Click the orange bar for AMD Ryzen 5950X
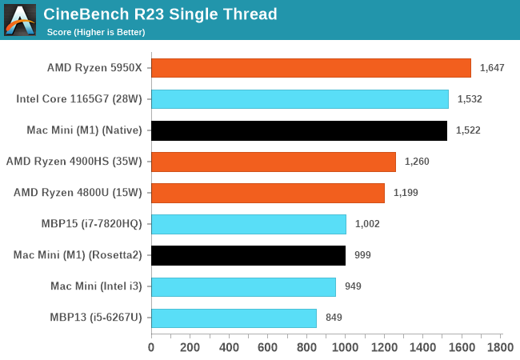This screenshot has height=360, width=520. coord(311,68)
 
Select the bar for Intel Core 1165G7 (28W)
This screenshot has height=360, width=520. coord(300,99)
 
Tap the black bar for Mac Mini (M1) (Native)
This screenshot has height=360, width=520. coord(299,130)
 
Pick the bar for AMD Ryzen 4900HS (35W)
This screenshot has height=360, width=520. coord(274,162)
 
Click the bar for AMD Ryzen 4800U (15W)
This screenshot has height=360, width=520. coord(268,193)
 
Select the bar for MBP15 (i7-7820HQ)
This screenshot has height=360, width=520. coord(249,224)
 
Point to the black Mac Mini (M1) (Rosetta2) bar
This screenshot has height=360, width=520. coord(248,255)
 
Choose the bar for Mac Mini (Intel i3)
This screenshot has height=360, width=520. coord(243,286)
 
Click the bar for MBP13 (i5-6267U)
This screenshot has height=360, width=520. coord(234,318)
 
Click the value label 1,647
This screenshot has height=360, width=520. coord(492,68)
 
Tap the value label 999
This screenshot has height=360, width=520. coord(362,255)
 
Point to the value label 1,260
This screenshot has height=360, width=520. coord(417,162)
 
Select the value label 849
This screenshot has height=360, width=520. coord(334,318)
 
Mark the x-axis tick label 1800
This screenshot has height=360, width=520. coord(501,348)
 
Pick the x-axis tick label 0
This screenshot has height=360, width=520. coord(151,348)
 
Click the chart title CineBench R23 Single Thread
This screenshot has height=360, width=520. coord(160,14)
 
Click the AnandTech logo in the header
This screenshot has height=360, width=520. coord(20,20)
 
